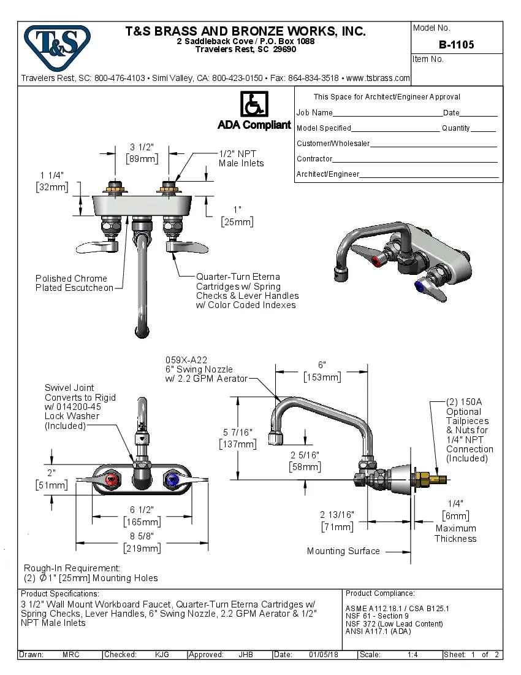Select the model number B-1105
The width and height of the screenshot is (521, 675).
pyautogui.click(x=456, y=45)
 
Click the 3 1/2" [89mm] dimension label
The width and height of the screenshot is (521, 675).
pyautogui.click(x=142, y=153)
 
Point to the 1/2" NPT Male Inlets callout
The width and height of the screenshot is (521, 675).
pyautogui.click(x=241, y=158)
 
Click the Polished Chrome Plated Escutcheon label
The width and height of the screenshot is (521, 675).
pyautogui.click(x=74, y=283)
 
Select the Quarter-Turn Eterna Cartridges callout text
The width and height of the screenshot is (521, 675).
pyautogui.click(x=246, y=291)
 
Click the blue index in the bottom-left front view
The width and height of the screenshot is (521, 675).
pyautogui.click(x=172, y=479)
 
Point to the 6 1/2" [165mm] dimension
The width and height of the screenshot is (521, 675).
pyautogui.click(x=142, y=516)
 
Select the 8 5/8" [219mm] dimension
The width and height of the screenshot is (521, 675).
pyautogui.click(x=142, y=542)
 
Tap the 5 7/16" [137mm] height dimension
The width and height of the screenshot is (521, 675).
pyautogui.click(x=238, y=438)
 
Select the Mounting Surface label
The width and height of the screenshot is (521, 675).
pyautogui.click(x=343, y=551)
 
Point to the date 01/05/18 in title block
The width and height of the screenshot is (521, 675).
pyautogui.click(x=324, y=655)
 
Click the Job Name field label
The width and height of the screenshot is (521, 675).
pyautogui.click(x=314, y=113)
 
